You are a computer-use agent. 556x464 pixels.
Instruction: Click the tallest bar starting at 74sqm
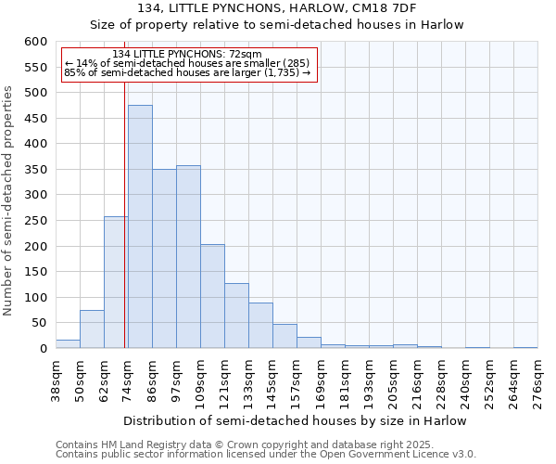140,227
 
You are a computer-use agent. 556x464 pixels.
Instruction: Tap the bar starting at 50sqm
92,329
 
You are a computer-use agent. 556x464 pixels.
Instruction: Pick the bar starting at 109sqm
212,297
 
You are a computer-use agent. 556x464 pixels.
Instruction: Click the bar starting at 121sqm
236,316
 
